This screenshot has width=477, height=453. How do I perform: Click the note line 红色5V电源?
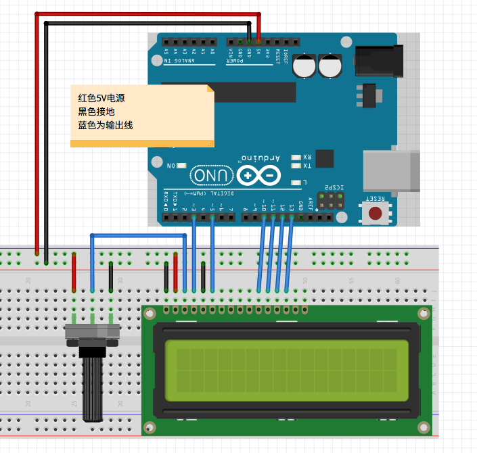(101, 98)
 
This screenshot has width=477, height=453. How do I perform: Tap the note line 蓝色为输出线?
(106, 125)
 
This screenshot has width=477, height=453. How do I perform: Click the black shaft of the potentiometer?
(92, 388)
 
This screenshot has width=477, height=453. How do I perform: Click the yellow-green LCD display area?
(286, 371)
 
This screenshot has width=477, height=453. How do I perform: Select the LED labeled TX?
(295, 165)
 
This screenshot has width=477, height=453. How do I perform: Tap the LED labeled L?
(295, 183)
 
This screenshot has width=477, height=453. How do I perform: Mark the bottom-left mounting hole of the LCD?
(148, 427)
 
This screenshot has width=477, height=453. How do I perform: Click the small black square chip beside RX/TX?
(325, 158)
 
